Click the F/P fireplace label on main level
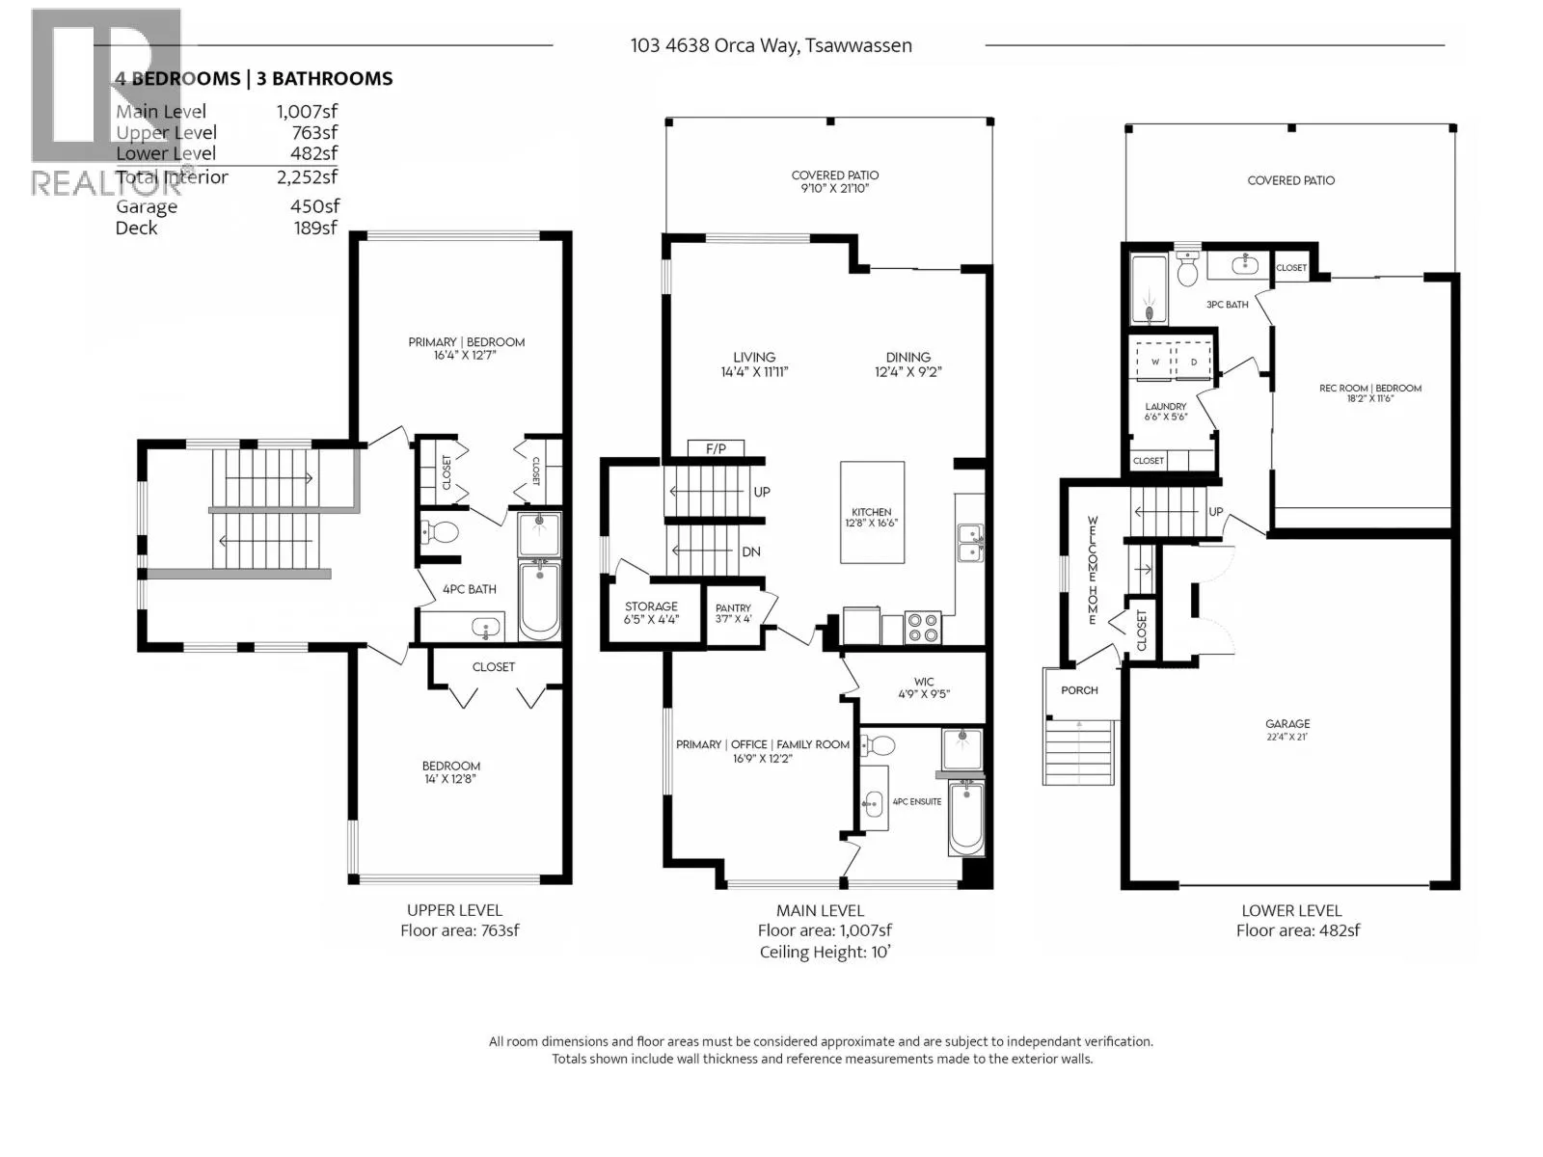717,448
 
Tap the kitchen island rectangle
872,512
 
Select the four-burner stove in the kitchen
923,628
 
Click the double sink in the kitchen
969,543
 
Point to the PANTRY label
733,613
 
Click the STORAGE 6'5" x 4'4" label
651,612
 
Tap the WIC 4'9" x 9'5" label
924,686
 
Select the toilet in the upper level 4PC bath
443,531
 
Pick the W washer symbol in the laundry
1154,362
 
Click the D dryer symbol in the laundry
1194,362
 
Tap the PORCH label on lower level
1079,690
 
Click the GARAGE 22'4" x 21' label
1287,729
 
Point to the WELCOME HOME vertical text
1093,570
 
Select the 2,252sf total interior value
307,176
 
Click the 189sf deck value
315,228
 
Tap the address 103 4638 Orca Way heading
771,45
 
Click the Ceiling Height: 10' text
825,953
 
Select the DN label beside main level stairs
750,552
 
